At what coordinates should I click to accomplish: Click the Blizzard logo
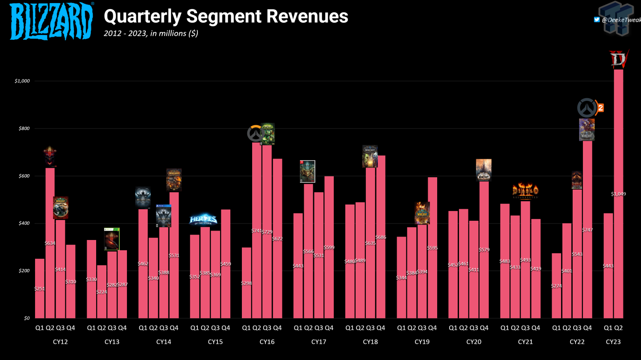[51, 21]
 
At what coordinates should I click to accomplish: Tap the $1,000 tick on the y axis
[22, 81]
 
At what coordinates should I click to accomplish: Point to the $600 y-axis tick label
[24, 176]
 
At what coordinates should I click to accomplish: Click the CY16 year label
[267, 342]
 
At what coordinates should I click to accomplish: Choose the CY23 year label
[613, 342]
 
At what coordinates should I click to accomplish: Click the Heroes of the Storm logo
[203, 220]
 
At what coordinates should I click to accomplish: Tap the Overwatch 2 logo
[590, 108]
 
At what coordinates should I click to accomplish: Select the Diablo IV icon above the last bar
[618, 59]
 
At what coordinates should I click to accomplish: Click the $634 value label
[50, 243]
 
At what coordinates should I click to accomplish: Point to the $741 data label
[256, 231]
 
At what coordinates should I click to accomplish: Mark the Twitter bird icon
[597, 20]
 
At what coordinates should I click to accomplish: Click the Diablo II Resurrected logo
[525, 191]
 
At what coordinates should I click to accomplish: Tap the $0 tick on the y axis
[27, 318]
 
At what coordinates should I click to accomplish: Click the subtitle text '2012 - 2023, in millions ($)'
[151, 33]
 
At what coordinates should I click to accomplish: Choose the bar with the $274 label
[556, 286]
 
